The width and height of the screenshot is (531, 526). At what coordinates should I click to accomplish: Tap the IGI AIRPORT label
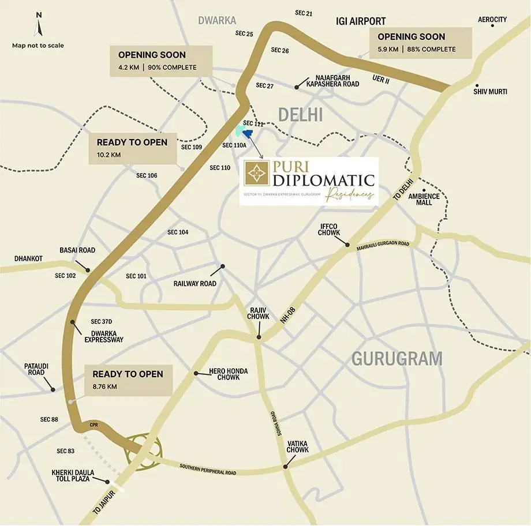tap(361, 21)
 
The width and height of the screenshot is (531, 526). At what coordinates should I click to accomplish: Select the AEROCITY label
tap(492, 20)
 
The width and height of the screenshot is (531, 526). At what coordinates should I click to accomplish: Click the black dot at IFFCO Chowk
tap(347, 245)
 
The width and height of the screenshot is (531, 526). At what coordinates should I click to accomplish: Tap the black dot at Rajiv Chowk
tap(259, 338)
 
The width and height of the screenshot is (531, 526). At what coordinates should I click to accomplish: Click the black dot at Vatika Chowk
tap(285, 467)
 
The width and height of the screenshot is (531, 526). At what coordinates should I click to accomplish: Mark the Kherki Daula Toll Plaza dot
tap(107, 480)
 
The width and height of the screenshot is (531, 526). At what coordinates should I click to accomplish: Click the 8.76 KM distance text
tap(104, 386)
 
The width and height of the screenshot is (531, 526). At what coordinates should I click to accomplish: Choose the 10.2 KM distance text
tap(109, 155)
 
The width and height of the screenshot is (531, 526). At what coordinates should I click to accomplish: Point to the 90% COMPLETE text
tap(172, 67)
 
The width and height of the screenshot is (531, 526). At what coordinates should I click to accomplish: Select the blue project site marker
tap(248, 134)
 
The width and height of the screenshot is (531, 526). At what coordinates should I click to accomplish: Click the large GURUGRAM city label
tap(397, 359)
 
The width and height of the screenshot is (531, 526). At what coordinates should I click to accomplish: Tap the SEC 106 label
tap(147, 175)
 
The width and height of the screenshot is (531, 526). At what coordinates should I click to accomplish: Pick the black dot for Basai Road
tap(87, 269)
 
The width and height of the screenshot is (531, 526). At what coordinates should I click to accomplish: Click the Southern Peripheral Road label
tap(208, 469)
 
